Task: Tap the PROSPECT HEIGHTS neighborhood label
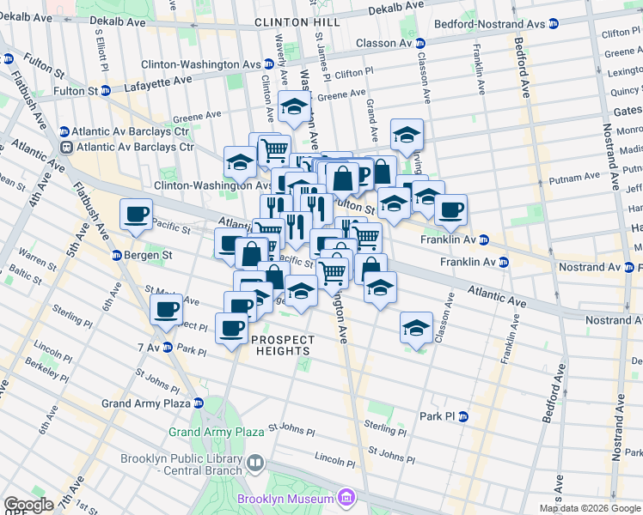point(283,345)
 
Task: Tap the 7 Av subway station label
point(149,346)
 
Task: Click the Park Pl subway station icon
point(462,416)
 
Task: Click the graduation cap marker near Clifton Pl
point(294,108)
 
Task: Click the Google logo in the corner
point(28,505)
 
